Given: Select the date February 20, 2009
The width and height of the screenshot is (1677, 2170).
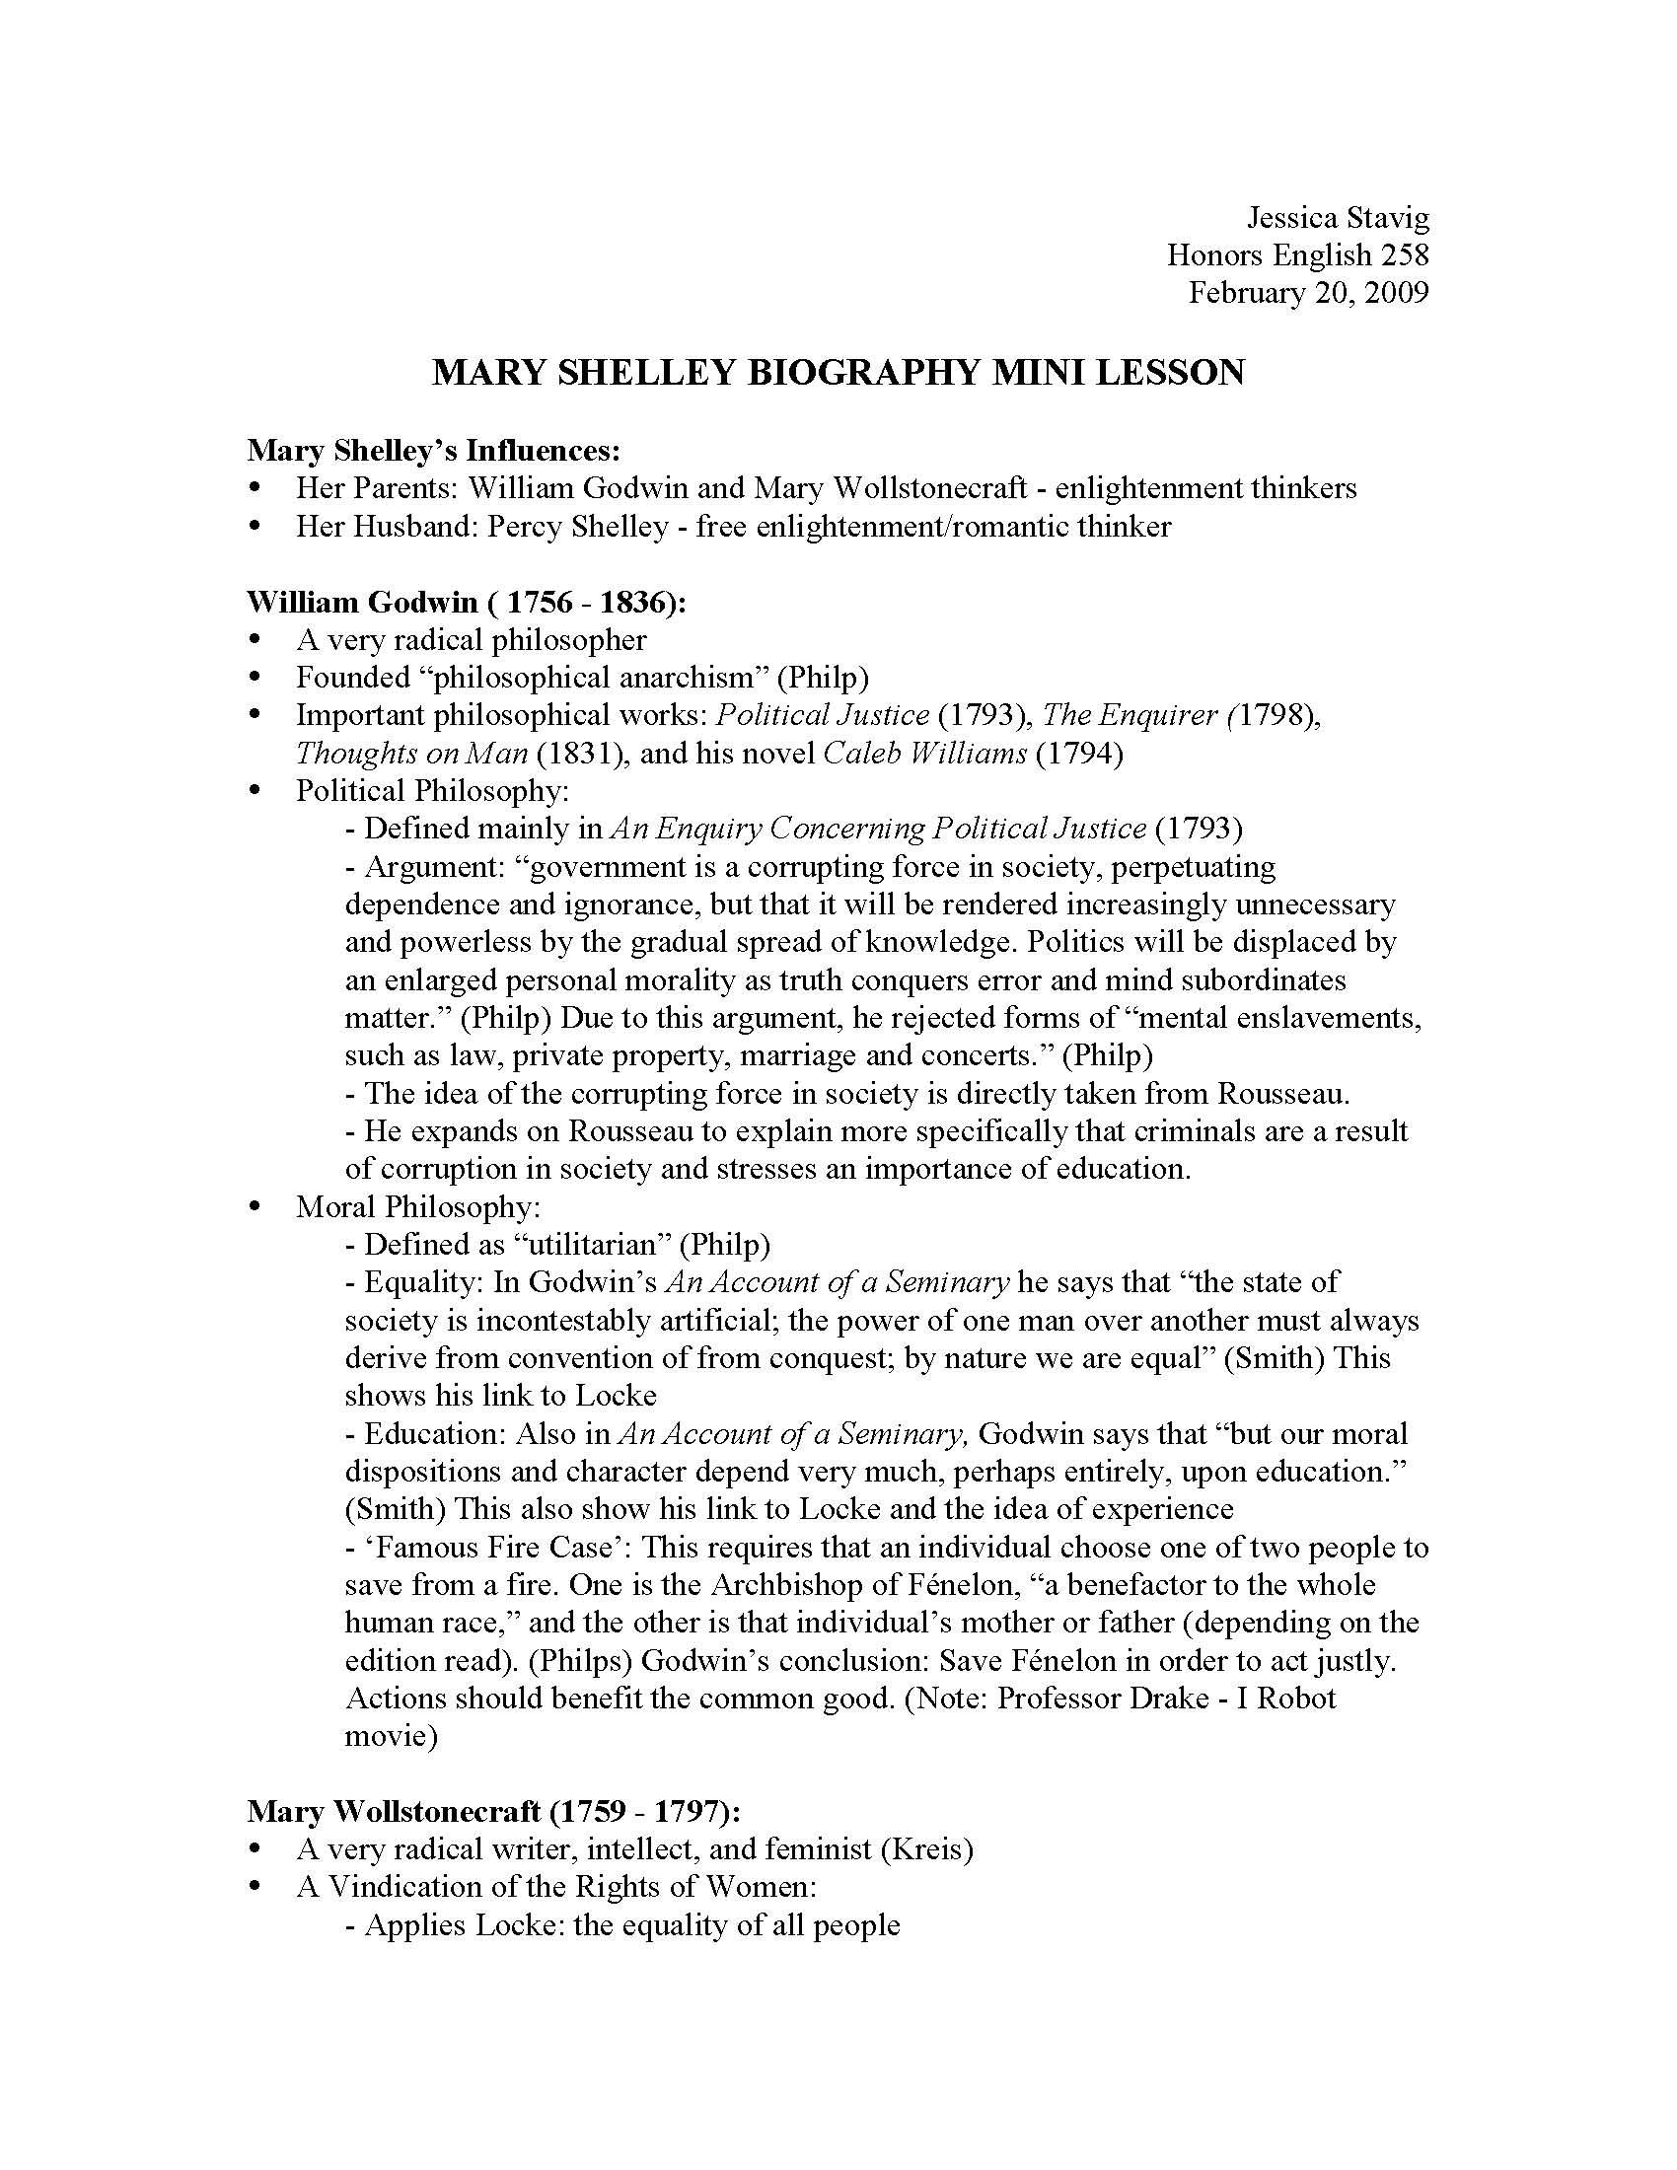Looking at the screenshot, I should coord(1308,293).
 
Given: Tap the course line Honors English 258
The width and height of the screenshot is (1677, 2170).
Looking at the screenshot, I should coord(1297,255).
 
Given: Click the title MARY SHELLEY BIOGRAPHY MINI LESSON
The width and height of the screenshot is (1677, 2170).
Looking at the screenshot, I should coord(838,373).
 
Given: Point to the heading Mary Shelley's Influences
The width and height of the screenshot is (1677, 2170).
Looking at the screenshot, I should coord(434,450).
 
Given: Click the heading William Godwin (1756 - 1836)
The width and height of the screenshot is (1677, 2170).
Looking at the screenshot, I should coord(466,602).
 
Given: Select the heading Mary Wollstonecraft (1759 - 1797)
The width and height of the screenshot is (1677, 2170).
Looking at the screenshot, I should coord(494,1811).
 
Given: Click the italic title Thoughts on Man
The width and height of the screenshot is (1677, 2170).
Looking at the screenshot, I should coord(411,754).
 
